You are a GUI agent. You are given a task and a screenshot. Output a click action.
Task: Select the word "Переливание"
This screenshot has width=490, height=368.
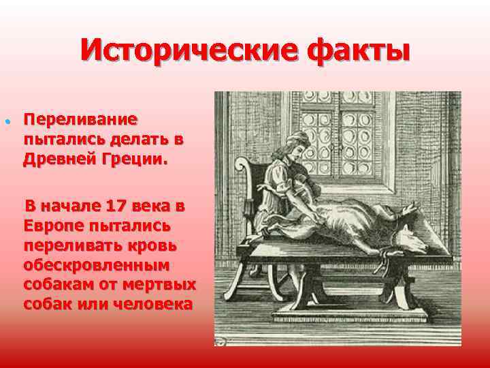pyautogui.click(x=80, y=120)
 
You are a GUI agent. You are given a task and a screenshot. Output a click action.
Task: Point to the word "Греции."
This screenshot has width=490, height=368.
pyautogui.click(x=134, y=158)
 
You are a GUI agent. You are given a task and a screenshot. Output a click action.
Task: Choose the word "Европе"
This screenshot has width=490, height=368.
pyautogui.click(x=55, y=224)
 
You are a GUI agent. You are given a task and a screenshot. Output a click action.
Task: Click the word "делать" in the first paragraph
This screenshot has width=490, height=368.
pyautogui.click(x=132, y=139)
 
